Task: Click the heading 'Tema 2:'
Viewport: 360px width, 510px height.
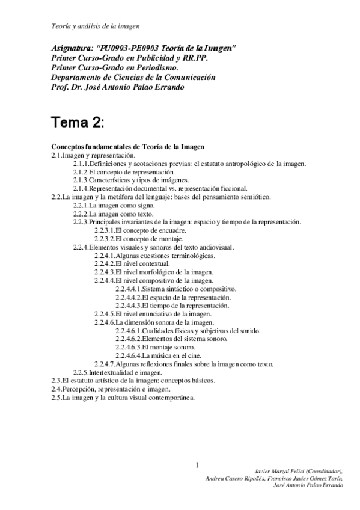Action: point(78,123)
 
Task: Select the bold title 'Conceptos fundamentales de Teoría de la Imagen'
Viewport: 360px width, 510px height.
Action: point(129,146)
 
